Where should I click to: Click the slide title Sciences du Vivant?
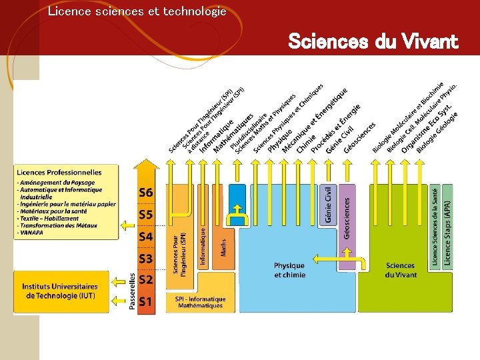coord(373,42)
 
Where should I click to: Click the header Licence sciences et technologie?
coord(137,11)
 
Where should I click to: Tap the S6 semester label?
coord(146,193)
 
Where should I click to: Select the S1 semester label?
coord(146,301)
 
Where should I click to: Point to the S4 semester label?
coord(146,236)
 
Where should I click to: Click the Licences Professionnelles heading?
coord(59,173)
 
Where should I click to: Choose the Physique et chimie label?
coord(289,270)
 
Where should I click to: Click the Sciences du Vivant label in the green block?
coord(400,270)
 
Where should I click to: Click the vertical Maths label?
coord(223,247)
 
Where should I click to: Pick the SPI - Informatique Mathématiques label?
coord(201,302)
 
